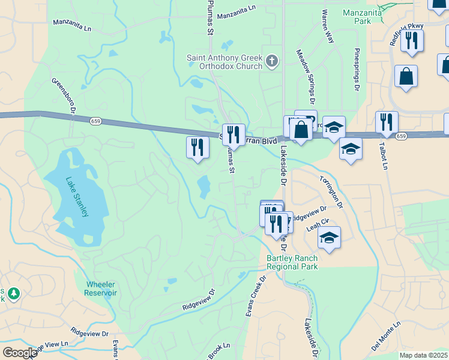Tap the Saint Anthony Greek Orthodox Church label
[224, 62]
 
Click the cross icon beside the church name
[272, 61]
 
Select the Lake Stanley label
[77, 196]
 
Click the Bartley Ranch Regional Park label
[292, 262]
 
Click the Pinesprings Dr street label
[357, 70]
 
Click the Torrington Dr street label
[331, 191]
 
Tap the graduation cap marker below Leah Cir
[329, 237]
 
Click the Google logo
[20, 353]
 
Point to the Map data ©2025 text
[423, 355]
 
